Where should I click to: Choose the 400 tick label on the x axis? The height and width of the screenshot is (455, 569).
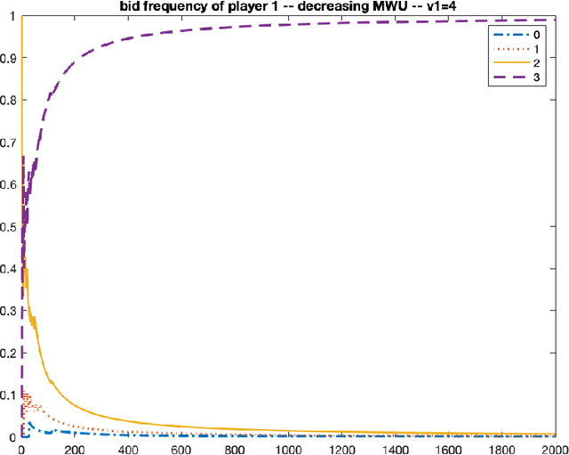pyautogui.click(x=128, y=448)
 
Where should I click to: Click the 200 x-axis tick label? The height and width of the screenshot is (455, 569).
pyautogui.click(x=75, y=448)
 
